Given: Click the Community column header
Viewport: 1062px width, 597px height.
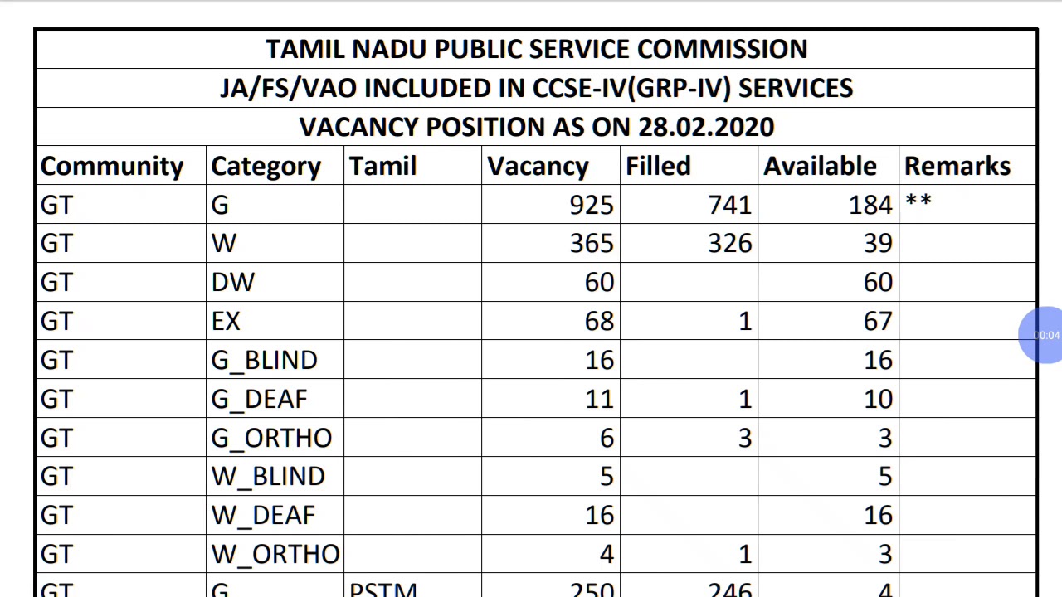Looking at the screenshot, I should pos(112,167).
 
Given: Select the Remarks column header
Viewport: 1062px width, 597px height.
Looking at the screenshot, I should pos(957,167).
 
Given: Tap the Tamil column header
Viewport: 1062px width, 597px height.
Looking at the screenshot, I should pos(382,167).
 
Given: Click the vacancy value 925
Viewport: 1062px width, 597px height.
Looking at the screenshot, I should pos(592,205).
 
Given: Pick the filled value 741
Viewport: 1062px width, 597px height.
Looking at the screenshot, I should pos(729,205).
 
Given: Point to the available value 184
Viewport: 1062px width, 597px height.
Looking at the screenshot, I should pos(870,205).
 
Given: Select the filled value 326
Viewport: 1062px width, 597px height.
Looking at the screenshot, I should pos(729,244).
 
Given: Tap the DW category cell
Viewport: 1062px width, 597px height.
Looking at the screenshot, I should pos(233,283).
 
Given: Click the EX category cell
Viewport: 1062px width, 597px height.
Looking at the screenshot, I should pos(226,322).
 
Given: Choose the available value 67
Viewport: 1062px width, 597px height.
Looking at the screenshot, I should pos(877,322).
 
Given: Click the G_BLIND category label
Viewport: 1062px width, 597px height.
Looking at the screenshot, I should pos(264,361).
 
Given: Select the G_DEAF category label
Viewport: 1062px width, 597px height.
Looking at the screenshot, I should pos(259,400).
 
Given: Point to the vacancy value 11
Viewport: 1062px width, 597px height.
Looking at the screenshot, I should pos(599,400).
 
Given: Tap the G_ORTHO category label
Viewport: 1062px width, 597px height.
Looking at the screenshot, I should pos(271,438).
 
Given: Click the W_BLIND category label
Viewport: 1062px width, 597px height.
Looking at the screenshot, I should pos(268,477).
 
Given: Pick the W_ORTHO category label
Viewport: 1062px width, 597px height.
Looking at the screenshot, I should pos(275,554).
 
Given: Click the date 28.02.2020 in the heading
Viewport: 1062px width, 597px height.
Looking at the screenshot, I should pos(705,127).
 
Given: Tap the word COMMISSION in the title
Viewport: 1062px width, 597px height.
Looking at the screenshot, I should pos(722,49).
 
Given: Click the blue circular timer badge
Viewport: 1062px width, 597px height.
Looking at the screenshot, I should pos(1044,335).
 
